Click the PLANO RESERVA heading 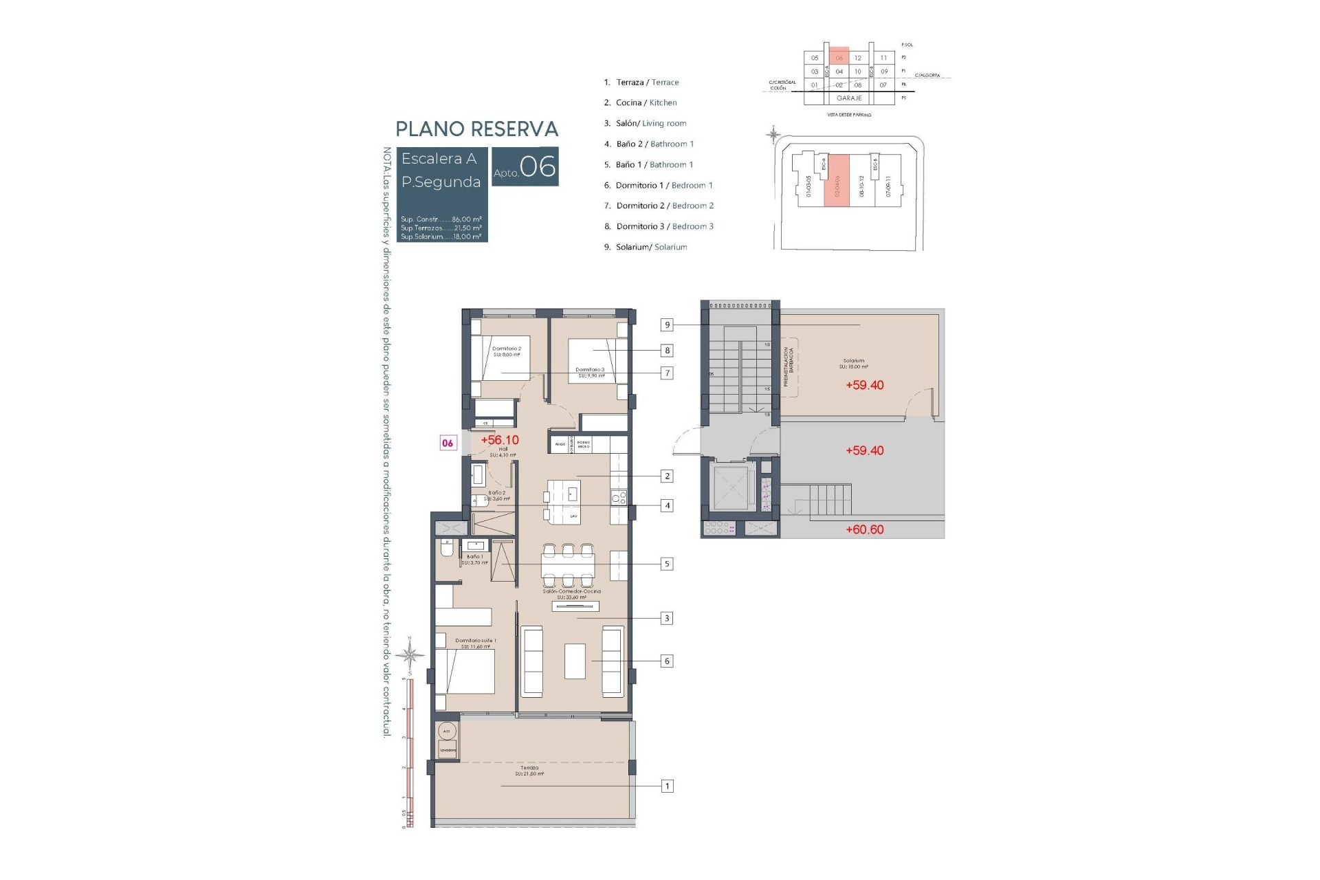pyautogui.click(x=476, y=129)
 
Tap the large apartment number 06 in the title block pyautogui.click(x=538, y=167)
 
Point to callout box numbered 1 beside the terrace pyautogui.click(x=666, y=786)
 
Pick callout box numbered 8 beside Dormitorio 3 pyautogui.click(x=666, y=351)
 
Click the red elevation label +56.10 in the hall pyautogui.click(x=500, y=440)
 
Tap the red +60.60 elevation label pyautogui.click(x=864, y=529)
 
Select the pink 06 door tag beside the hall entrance pyautogui.click(x=448, y=443)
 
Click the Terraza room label pyautogui.click(x=529, y=769)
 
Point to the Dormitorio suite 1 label pyautogui.click(x=475, y=641)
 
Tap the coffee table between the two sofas pyautogui.click(x=575, y=661)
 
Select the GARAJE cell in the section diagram pyautogui.click(x=849, y=98)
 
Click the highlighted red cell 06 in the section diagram pyautogui.click(x=839, y=58)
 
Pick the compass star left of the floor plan pyautogui.click(x=410, y=654)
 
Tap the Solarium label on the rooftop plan pyautogui.click(x=853, y=361)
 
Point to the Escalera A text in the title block pyautogui.click(x=439, y=159)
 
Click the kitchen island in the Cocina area pyautogui.click(x=564, y=502)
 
